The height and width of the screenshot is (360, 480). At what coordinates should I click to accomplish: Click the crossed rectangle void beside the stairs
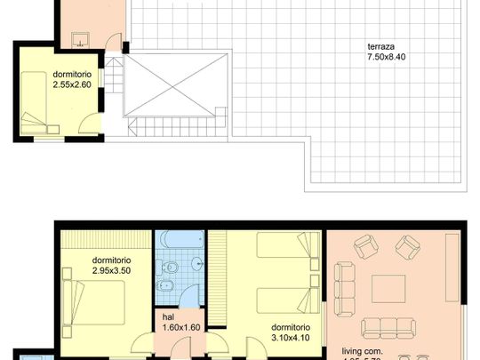click(174, 85)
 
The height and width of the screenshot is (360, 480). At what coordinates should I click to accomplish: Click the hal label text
click(168, 316)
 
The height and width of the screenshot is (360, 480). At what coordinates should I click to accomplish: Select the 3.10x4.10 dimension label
click(292, 339)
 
